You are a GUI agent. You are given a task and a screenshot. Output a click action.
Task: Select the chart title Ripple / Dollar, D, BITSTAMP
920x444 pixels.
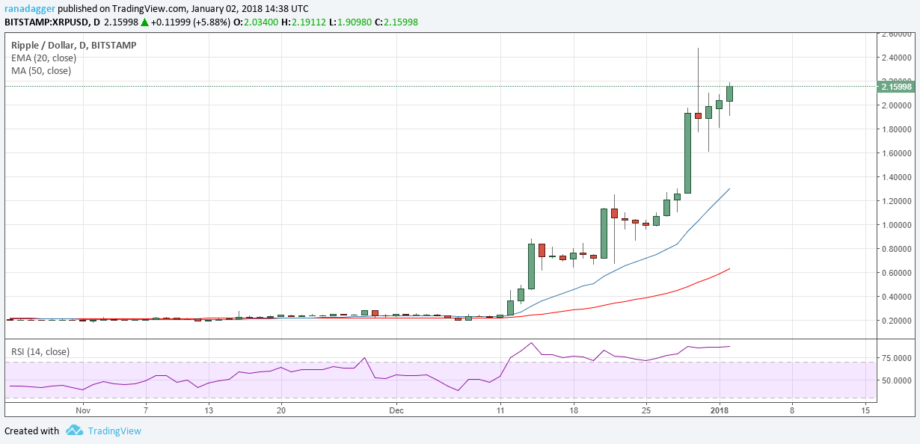(x=73, y=45)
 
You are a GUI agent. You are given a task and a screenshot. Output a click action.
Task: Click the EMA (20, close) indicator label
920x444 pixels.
(x=43, y=58)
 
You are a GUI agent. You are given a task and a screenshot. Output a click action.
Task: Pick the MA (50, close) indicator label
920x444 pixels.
(x=41, y=70)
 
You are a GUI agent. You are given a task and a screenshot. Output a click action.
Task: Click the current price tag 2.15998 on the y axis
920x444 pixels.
(x=896, y=87)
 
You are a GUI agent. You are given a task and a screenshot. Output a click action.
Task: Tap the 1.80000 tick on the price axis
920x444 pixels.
(x=896, y=129)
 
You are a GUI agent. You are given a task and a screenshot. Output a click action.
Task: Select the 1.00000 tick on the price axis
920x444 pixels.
(x=896, y=225)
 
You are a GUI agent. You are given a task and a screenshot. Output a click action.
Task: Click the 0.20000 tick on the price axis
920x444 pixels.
(x=896, y=321)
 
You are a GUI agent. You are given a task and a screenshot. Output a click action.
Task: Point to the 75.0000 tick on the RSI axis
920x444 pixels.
(x=896, y=358)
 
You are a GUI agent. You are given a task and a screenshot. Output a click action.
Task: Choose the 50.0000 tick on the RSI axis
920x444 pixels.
(x=896, y=380)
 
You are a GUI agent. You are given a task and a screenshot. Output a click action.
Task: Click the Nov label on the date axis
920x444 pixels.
(x=83, y=410)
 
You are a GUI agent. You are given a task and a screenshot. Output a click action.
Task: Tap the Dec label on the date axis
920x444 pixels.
(x=396, y=410)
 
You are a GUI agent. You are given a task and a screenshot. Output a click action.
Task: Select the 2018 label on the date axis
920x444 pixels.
(x=720, y=410)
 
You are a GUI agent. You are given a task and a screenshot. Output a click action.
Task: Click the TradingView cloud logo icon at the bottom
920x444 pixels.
(x=74, y=431)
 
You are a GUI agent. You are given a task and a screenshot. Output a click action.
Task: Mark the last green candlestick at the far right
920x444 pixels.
(x=729, y=93)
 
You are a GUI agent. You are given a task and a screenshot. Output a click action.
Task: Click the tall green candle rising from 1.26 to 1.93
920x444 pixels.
(x=687, y=153)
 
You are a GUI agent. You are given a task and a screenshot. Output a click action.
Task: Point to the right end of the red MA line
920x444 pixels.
(x=729, y=268)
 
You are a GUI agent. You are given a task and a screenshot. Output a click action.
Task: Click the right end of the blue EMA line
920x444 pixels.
(x=729, y=189)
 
